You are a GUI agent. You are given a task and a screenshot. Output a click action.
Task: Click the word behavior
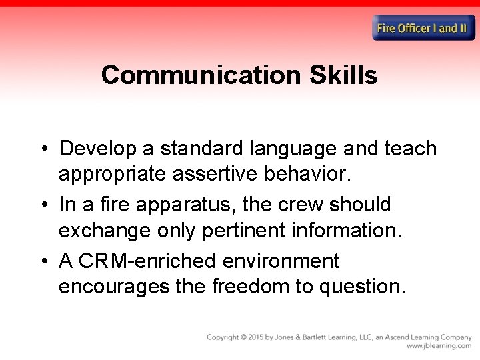(x=308, y=174)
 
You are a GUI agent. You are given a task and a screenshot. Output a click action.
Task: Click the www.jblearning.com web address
(x=439, y=346)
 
